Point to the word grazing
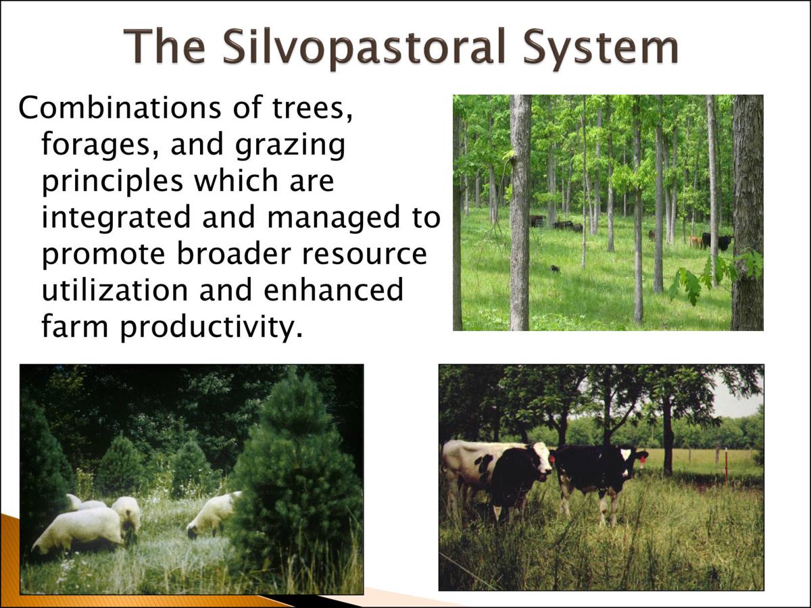290,145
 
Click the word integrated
116,218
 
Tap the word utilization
115,290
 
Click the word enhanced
333,290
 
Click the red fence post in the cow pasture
726,466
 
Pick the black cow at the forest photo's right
718,241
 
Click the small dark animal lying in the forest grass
554,269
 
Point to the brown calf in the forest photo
695,242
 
